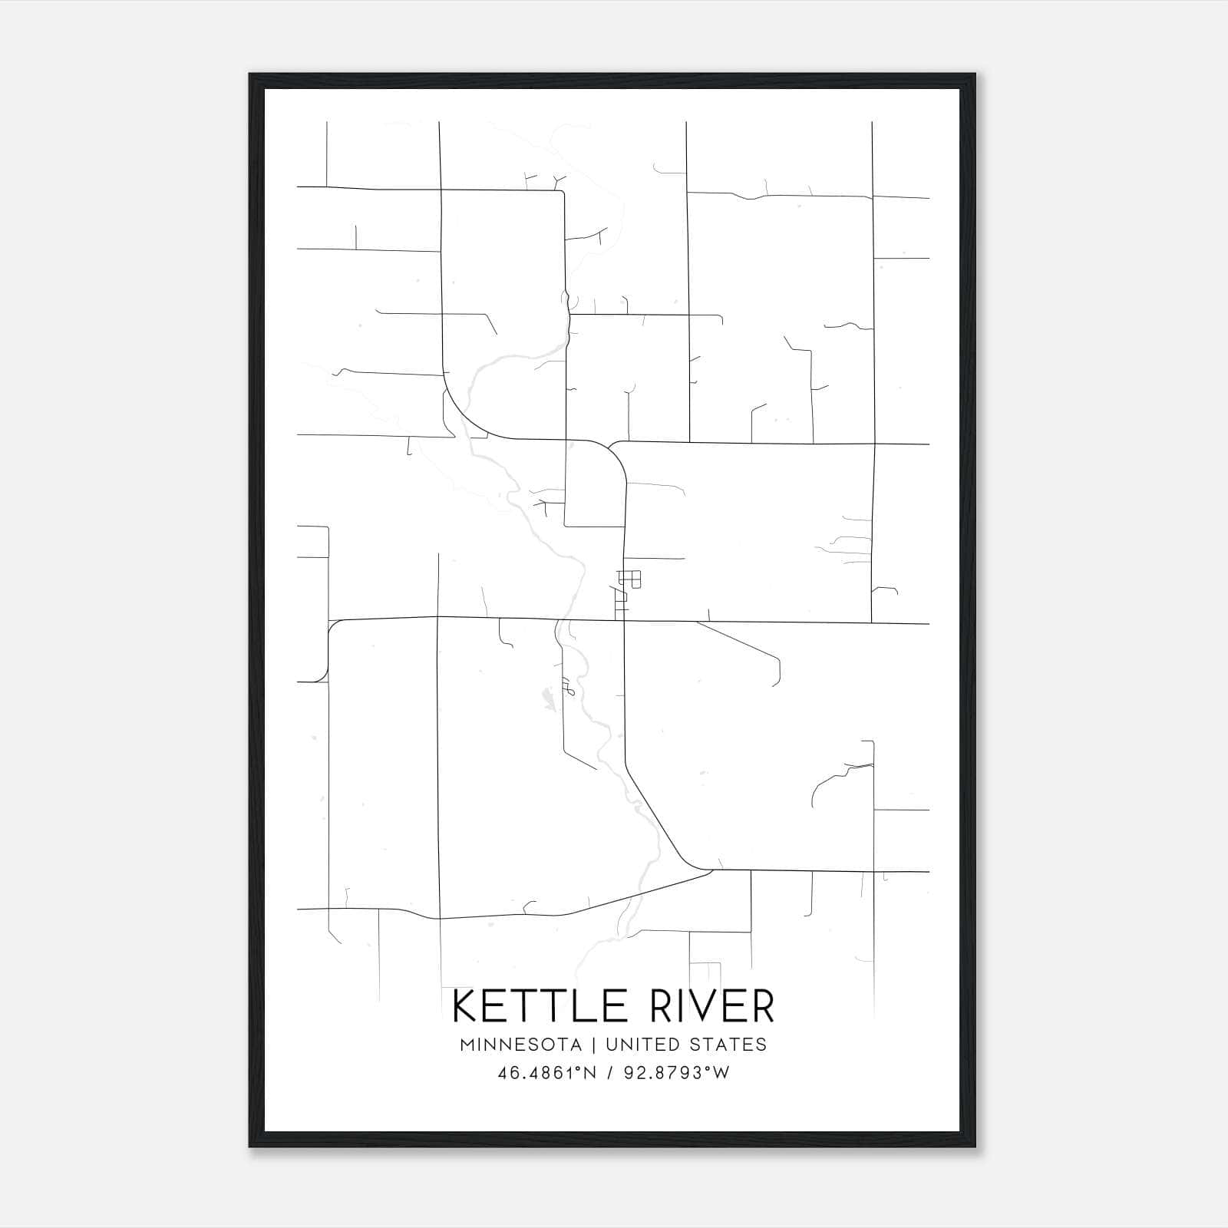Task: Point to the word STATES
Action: pos(726,1045)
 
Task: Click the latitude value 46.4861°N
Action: pos(546,1073)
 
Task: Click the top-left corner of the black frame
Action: pos(250,74)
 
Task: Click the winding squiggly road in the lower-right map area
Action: pos(837,775)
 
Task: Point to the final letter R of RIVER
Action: pos(763,1007)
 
